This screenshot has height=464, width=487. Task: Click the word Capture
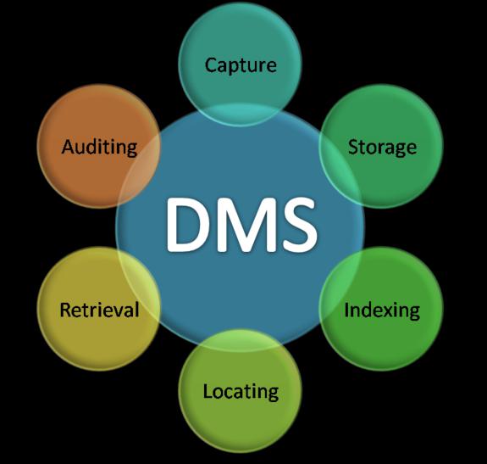[x=241, y=66]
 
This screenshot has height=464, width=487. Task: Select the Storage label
[x=382, y=147]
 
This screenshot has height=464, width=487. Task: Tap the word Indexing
[x=382, y=310]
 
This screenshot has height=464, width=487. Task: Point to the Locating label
[x=241, y=391]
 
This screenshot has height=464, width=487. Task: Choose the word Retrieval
[x=99, y=310]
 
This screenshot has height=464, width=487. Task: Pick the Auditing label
[x=99, y=147]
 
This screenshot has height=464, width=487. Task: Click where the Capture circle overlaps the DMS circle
[x=240, y=115]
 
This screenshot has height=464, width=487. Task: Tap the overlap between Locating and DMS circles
[x=241, y=340]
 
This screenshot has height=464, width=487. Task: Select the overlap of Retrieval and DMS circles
[x=139, y=286]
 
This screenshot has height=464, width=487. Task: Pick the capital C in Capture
[x=211, y=65]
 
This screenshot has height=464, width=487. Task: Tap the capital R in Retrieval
[x=65, y=310]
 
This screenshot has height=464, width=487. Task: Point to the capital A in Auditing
[x=69, y=146]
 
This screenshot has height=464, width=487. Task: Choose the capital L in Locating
[x=208, y=390]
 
